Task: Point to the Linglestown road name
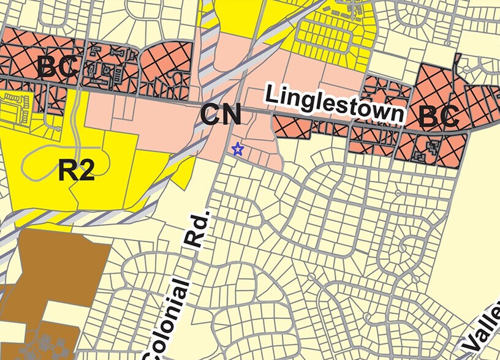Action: pos(335,104)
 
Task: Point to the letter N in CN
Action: pos(230,115)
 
